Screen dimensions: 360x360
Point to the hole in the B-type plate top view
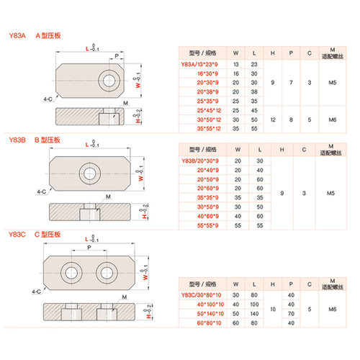91,171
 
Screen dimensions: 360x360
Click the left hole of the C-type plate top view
72,272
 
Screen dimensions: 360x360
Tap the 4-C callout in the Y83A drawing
48,99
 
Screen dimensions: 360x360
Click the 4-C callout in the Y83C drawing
48,292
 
